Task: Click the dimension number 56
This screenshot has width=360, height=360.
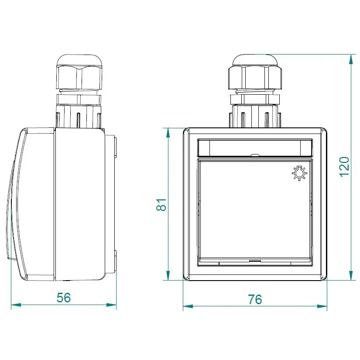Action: (x=64, y=298)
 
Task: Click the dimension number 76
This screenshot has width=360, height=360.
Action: (x=255, y=299)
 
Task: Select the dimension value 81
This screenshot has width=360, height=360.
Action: (x=161, y=205)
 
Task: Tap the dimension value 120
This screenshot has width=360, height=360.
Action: (x=344, y=167)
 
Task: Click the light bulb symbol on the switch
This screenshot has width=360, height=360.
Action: (x=299, y=173)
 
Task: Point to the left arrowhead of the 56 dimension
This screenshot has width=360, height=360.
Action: (x=16, y=305)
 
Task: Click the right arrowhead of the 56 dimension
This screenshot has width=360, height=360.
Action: (x=111, y=305)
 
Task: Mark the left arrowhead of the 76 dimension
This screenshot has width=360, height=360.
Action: (x=188, y=306)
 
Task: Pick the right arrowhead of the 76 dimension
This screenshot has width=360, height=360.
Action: (x=322, y=306)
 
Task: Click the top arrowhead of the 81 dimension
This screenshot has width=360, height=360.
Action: (x=168, y=133)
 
